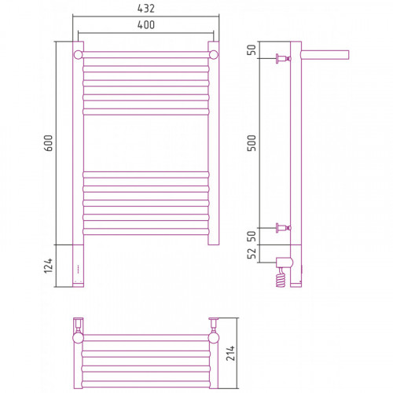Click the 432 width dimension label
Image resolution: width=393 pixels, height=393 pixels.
coord(146,9)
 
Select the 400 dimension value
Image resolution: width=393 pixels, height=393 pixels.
coord(146,25)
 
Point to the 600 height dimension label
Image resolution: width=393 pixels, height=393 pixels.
coord(48,143)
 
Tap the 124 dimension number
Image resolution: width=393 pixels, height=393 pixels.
coord(48,266)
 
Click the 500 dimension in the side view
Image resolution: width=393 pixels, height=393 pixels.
coord(252,143)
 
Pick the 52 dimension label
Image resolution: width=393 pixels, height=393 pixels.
coord(252,253)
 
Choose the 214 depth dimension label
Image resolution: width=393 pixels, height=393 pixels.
coord(230,353)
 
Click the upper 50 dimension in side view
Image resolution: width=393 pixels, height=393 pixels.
coord(252,50)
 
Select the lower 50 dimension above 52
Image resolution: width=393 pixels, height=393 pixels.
coord(252,237)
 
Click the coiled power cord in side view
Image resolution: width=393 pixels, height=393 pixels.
coord(281,277)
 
